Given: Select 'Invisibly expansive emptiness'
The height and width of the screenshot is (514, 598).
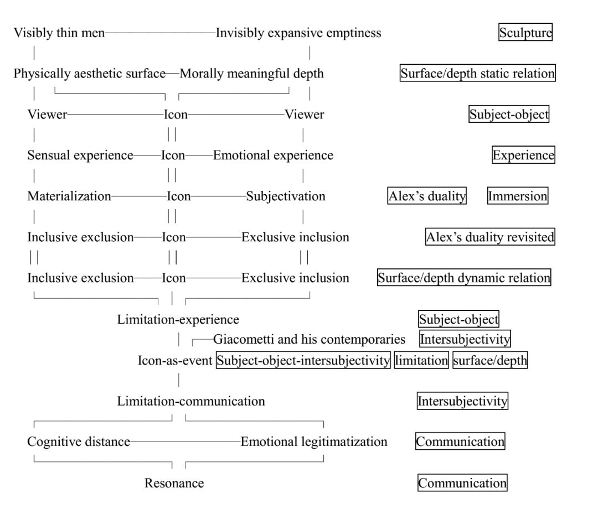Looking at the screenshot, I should click(298, 33).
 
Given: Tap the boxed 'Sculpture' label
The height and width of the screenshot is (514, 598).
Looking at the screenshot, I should click(525, 33).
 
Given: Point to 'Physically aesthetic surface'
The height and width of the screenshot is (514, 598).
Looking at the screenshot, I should click(90, 74).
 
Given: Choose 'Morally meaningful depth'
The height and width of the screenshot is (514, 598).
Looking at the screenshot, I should click(252, 74).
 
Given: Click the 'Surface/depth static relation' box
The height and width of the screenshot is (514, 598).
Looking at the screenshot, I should click(477, 74).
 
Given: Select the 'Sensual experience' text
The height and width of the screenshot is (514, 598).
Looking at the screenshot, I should click(80, 155).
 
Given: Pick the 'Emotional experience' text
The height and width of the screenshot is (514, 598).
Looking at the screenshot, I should click(273, 155).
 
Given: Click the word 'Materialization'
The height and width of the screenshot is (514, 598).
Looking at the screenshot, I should click(69, 196).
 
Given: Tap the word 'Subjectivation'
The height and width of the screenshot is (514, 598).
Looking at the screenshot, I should click(286, 196).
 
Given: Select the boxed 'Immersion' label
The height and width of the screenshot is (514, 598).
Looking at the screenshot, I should click(518, 196).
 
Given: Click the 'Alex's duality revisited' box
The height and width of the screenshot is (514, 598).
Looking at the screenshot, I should click(490, 237).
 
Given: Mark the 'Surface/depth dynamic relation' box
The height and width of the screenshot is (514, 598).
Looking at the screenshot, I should click(464, 278).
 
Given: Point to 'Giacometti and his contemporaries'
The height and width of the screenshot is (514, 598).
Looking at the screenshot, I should click(310, 339).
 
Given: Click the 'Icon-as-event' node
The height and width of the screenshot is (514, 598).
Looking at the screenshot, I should click(175, 361).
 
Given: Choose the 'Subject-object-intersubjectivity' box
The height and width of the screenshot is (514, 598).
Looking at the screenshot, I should click(303, 361).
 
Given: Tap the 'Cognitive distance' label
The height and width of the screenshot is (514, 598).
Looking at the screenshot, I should click(79, 442).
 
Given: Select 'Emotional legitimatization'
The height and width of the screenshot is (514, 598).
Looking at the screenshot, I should click(314, 442).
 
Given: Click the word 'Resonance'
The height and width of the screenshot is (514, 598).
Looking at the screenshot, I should click(174, 483).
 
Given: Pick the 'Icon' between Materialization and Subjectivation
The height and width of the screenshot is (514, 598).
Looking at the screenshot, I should click(179, 196).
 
